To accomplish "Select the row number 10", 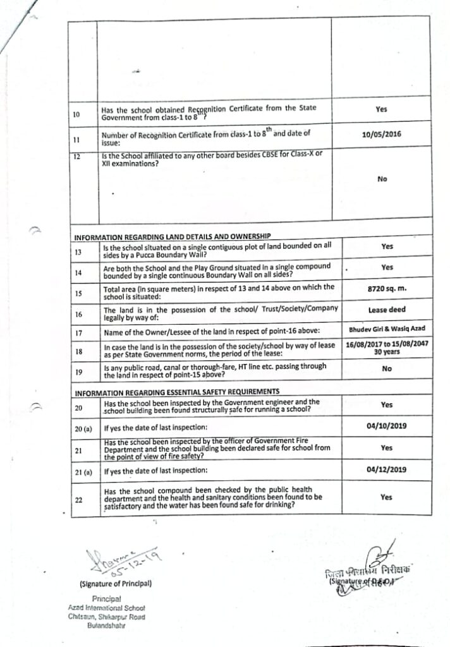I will (x=76, y=114).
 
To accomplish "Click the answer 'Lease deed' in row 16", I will (x=381, y=310).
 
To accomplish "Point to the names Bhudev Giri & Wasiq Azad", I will (x=381, y=329).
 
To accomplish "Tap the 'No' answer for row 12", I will (x=382, y=179).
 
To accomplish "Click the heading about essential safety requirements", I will (x=176, y=392).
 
